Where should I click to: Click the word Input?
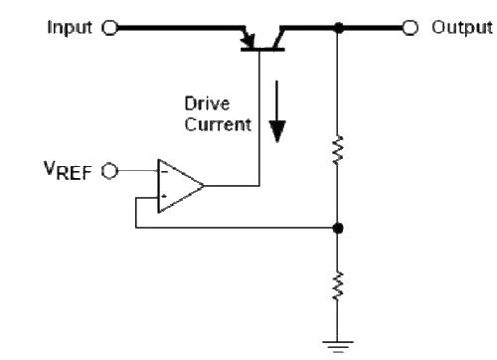click(69, 27)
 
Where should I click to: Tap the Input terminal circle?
click(109, 28)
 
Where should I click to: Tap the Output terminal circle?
click(409, 28)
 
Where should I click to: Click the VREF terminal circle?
click(109, 170)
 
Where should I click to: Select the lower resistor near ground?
click(339, 287)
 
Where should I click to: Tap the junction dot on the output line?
click(339, 28)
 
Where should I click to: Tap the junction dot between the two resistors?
click(339, 228)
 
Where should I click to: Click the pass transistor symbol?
click(260, 38)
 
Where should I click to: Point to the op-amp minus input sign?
click(164, 170)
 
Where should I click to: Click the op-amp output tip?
click(206, 184)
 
